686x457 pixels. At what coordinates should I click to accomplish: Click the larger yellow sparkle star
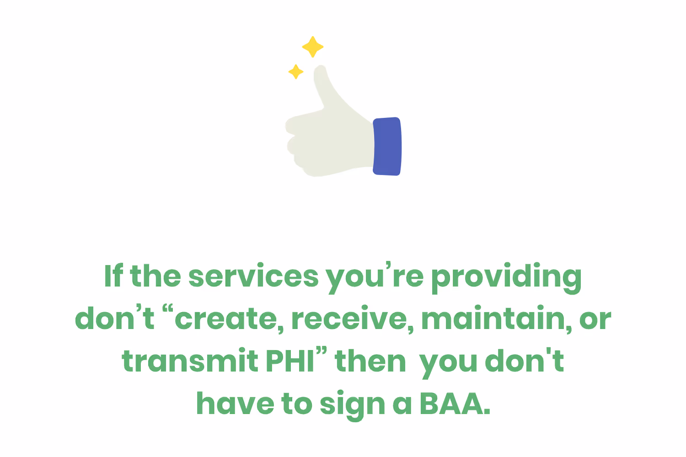coord(313,47)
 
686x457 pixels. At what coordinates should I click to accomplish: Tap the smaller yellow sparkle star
coord(296,71)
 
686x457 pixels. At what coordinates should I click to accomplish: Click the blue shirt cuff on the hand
coord(387,146)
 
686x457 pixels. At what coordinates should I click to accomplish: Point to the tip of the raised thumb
coord(320,71)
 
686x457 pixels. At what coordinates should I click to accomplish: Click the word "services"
coord(253,277)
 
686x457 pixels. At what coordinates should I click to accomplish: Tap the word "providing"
coord(506,277)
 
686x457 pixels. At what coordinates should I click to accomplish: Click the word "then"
coord(370,361)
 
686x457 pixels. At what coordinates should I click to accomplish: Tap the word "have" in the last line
coord(235,404)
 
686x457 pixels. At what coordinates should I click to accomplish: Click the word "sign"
coord(352,405)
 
